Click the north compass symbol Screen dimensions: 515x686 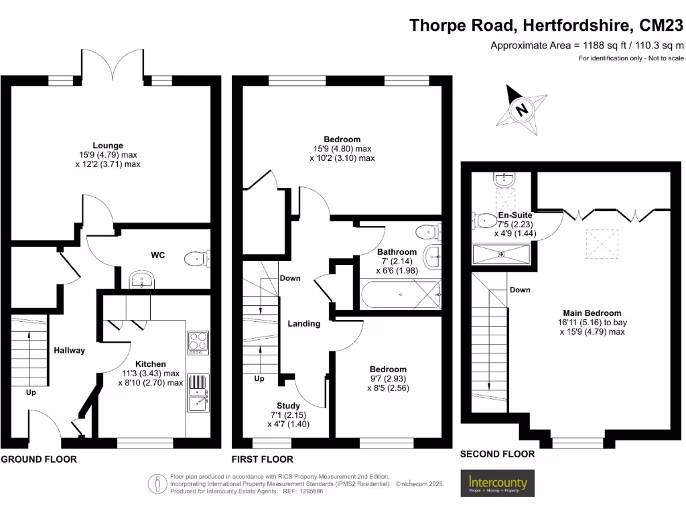[x=521, y=109]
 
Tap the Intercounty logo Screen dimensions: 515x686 [x=498, y=483]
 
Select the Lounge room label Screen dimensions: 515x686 [x=108, y=145]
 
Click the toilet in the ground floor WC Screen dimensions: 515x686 [x=196, y=257]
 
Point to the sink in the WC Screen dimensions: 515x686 [x=141, y=280]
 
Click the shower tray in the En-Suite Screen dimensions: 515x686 [x=501, y=253]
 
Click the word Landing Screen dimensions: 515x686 [x=303, y=323]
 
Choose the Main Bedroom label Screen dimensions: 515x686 [x=592, y=312]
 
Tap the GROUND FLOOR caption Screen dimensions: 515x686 [x=38, y=459]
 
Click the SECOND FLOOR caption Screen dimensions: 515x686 [x=497, y=454]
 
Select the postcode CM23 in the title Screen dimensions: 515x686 [x=661, y=25]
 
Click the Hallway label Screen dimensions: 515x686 [x=69, y=350]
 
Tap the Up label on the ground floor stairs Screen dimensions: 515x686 [x=31, y=392]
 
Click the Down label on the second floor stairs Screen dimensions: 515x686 [x=520, y=290]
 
